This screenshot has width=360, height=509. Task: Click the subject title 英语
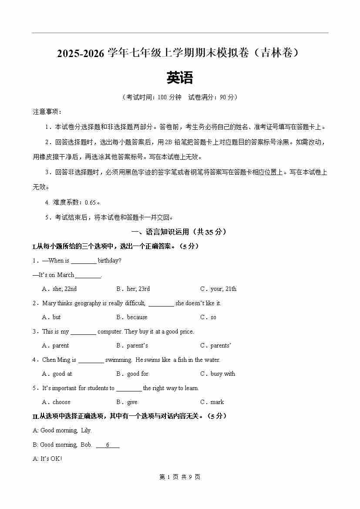pos(179,78)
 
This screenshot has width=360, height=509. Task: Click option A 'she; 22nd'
pos(60,289)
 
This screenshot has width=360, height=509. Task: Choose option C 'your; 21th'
pos(219,289)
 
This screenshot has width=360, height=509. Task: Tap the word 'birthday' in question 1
pos(109,260)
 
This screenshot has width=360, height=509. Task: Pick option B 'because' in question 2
pos(132,317)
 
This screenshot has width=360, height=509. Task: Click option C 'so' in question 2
pos(209,317)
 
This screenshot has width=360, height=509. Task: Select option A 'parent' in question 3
pos(56,345)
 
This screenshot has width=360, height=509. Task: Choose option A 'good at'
pos(57,374)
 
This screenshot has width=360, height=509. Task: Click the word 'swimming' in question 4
pos(118,360)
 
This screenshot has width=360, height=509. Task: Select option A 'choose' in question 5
pos(57,402)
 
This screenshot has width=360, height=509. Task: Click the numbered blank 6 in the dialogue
pos(107,445)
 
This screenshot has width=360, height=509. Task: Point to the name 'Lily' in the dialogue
pos(86,430)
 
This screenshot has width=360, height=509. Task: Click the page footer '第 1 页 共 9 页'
pos(180,477)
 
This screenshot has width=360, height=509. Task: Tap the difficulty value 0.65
pos(91,202)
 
